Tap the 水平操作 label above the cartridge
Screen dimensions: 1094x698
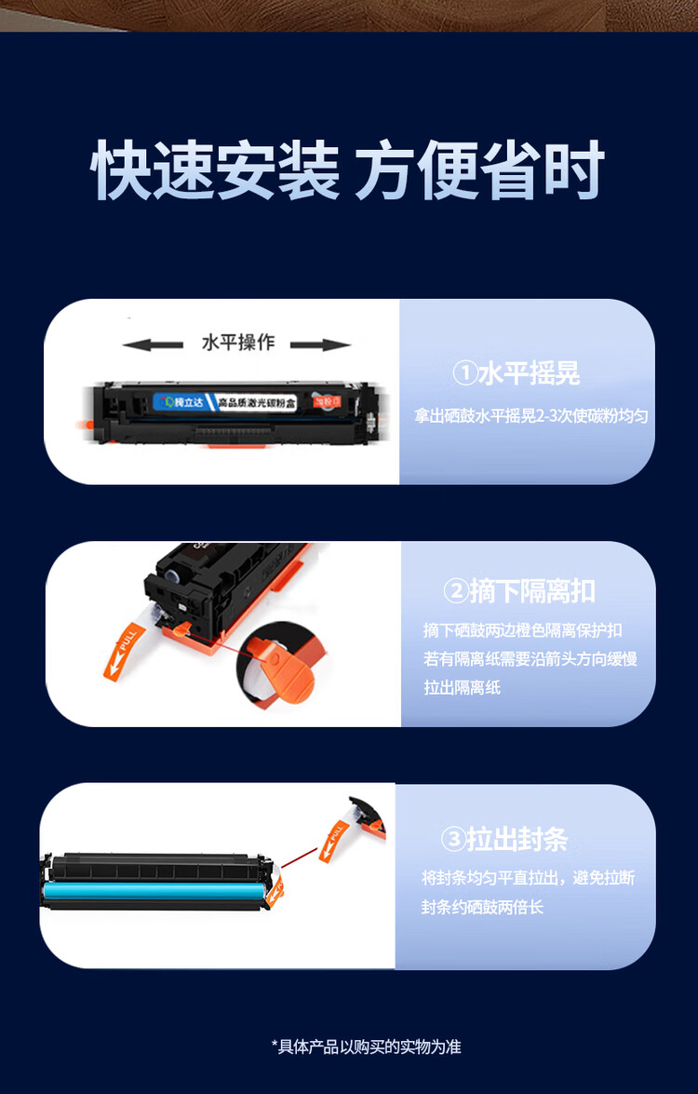coord(238,343)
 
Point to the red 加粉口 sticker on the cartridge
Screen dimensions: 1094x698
coord(324,401)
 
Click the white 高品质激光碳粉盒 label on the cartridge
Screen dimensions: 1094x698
coord(257,401)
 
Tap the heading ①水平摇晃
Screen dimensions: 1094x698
coord(516,374)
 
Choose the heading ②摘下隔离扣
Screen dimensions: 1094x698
coord(519,591)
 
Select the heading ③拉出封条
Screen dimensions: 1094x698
coord(503,840)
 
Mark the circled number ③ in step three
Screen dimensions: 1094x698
coord(452,840)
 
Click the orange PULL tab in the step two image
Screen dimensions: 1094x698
coord(127,649)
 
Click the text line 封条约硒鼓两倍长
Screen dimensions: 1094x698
coord(482,907)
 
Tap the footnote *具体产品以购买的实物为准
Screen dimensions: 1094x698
coord(366,1047)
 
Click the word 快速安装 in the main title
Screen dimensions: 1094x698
coord(215,170)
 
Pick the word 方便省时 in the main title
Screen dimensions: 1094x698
coord(479,170)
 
